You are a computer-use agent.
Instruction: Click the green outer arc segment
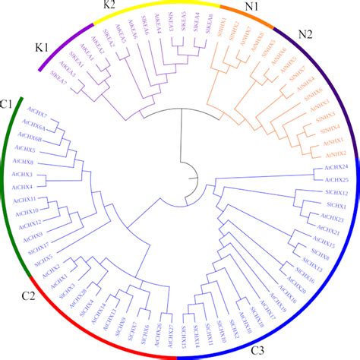click(x=11, y=190)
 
